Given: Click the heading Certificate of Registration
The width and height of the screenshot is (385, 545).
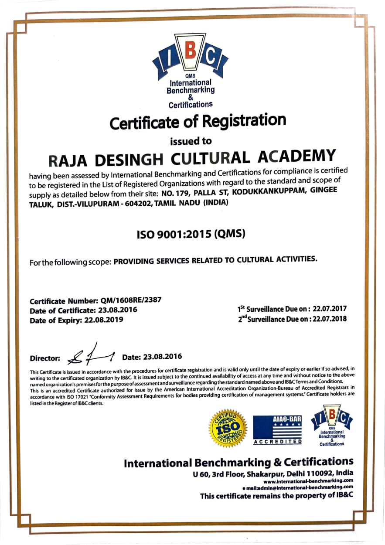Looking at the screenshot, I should pyautogui.click(x=198, y=122).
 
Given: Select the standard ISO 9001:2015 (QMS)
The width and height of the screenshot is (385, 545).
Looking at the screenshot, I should pyautogui.click(x=191, y=234).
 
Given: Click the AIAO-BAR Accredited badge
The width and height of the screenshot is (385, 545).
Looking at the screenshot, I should pyautogui.click(x=278, y=430).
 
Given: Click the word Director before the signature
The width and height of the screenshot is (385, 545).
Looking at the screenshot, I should pyautogui.click(x=45, y=358).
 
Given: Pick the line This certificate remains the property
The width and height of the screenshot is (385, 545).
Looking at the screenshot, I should pyautogui.click(x=276, y=496).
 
